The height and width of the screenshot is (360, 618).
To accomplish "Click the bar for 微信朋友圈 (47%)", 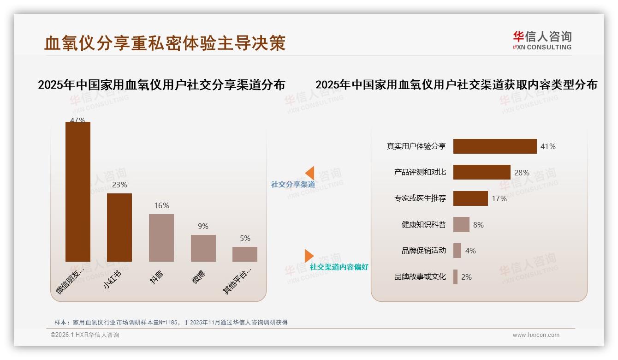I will click(78, 192).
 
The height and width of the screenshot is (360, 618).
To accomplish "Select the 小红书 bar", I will click(119, 227).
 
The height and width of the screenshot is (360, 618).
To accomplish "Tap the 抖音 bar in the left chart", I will click(161, 238).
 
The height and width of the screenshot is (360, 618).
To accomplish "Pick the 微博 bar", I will click(203, 248).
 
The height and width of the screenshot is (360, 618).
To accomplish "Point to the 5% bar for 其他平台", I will click(245, 254).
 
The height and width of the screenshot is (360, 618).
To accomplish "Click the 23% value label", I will click(119, 185).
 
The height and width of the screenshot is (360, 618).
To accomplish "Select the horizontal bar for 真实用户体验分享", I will click(495, 146).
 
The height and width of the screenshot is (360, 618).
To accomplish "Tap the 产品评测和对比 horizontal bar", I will click(481, 172).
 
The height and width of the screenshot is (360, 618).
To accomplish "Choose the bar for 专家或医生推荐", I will click(470, 198).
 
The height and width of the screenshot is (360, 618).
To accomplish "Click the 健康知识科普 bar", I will click(461, 225).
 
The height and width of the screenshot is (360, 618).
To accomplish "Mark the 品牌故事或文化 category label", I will click(420, 277).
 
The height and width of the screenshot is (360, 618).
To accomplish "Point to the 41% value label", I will click(548, 146).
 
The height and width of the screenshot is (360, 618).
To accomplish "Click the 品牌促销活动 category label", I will click(424, 251).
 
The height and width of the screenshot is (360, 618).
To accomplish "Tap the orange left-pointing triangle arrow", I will click(309, 173).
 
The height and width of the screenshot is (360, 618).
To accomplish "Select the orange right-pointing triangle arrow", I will click(309, 256).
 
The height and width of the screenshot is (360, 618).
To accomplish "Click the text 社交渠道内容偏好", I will click(339, 267).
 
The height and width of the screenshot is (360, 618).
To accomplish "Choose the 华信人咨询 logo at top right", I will click(542, 41).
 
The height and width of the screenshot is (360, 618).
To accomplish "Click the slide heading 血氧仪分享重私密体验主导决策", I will click(165, 43).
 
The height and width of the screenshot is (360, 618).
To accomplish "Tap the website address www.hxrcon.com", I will click(536, 335).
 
